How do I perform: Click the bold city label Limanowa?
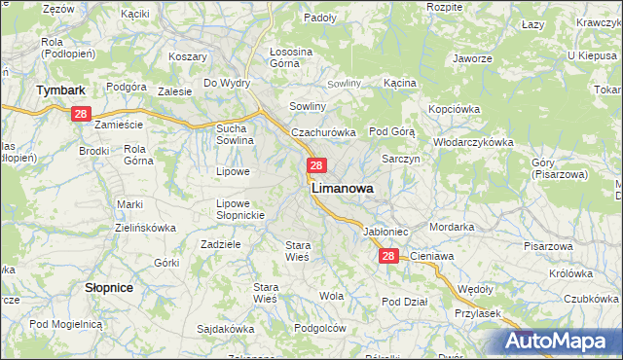[342, 190]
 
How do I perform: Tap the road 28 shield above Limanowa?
[316, 166]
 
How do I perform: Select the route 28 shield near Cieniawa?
[388, 256]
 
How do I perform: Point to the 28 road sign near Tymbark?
[81, 115]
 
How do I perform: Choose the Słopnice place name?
[109, 288]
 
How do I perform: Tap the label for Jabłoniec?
[385, 233]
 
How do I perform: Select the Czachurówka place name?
[324, 131]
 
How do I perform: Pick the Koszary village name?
[187, 56]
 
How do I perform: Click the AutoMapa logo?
[562, 342]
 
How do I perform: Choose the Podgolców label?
[320, 328]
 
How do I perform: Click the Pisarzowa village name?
[547, 246]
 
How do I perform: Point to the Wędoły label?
[475, 289]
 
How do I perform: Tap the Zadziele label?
[220, 244]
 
